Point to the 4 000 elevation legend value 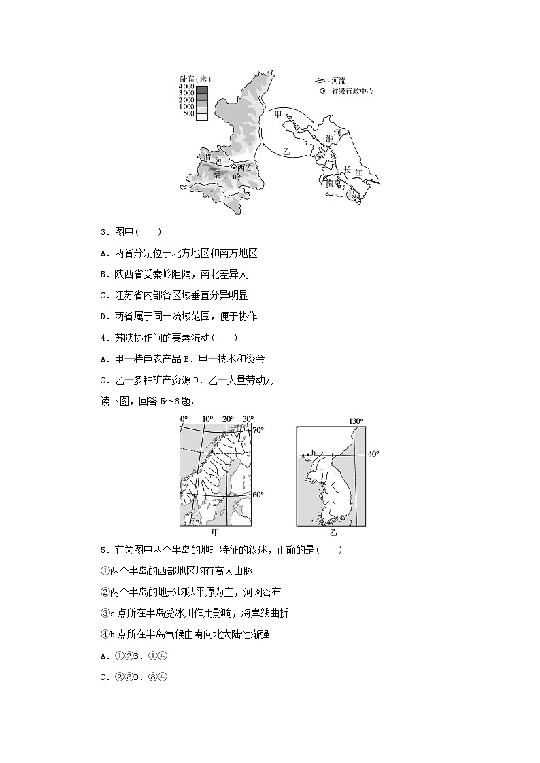click(x=186, y=87)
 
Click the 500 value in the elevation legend click(x=188, y=114)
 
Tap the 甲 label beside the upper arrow click(x=277, y=115)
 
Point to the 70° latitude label click(x=258, y=430)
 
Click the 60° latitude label click(x=258, y=495)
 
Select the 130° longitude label click(x=356, y=421)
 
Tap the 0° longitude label click(x=183, y=419)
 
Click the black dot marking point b click(x=307, y=454)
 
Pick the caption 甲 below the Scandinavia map click(x=216, y=533)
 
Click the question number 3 click(x=103, y=232)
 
